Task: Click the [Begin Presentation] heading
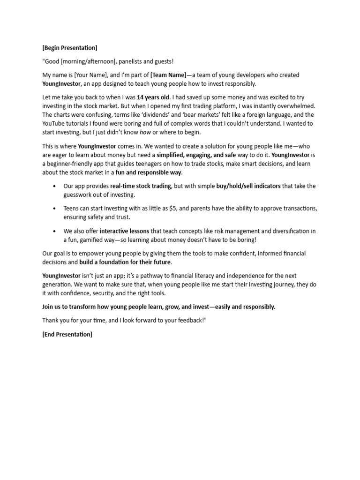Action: [x=70, y=48]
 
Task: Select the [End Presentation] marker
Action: [x=67, y=334]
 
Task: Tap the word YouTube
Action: [x=53, y=123]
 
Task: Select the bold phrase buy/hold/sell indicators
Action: [x=248, y=186]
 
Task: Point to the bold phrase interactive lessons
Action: [x=124, y=231]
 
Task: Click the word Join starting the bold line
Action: [x=48, y=307]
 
